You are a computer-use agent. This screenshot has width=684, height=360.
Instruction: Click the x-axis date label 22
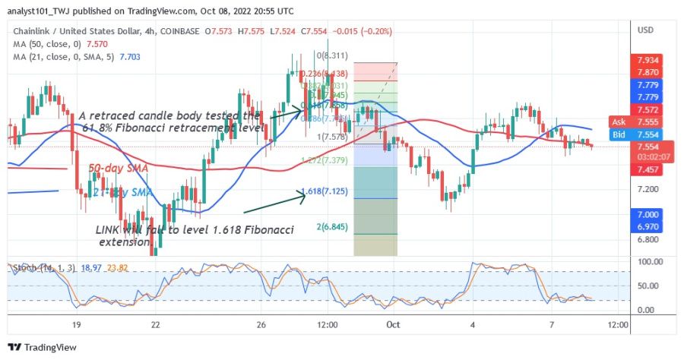pos(155,324)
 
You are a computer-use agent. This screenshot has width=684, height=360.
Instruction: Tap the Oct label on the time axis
pos(392,324)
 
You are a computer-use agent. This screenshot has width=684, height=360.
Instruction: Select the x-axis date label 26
pos(261,324)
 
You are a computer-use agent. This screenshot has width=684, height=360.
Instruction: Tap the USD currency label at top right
pos(647,30)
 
